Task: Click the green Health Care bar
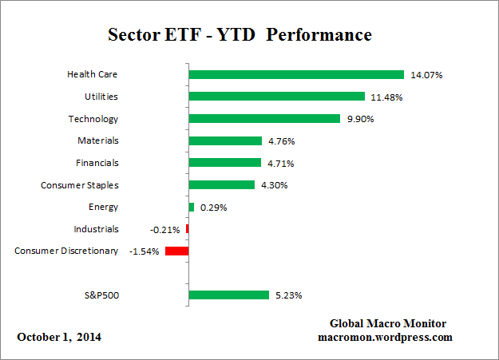296,75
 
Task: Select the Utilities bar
277,97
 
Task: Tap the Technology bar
264,119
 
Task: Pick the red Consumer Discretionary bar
176,251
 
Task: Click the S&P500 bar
229,295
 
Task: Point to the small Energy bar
192,207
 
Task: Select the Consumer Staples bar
222,185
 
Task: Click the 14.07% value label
426,75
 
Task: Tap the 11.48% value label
387,97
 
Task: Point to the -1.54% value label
145,251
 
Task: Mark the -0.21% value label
164,229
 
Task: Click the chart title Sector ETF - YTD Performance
240,36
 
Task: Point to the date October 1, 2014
59,337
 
